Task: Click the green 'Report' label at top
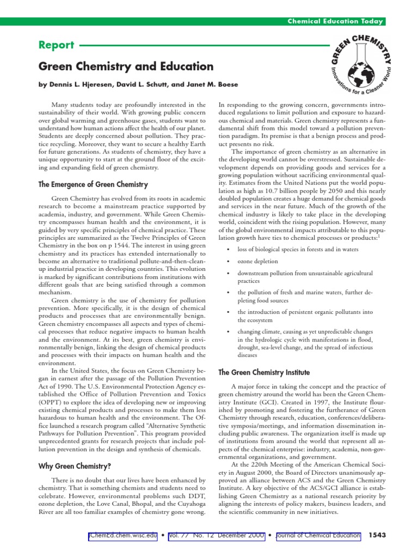(x=54, y=46)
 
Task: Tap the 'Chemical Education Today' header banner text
(x=336, y=21)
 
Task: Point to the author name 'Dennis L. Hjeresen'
(x=79, y=85)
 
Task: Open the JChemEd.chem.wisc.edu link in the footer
(x=123, y=536)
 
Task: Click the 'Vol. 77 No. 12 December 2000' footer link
(x=217, y=536)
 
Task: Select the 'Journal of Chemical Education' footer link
(x=317, y=536)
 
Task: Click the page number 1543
(x=377, y=536)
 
